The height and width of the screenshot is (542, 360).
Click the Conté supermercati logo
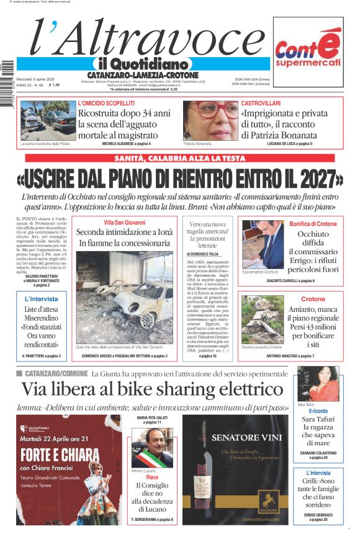[308, 53]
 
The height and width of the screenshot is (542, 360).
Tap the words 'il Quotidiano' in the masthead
[142, 64]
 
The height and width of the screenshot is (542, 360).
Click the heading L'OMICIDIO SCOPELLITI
[106, 102]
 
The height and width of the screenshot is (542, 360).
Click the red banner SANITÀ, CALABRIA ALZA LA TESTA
[180, 159]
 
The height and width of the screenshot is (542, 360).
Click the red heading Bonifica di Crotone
[313, 223]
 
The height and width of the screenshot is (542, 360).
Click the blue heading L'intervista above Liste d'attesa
[42, 299]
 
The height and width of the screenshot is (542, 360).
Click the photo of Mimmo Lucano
[152, 448]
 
